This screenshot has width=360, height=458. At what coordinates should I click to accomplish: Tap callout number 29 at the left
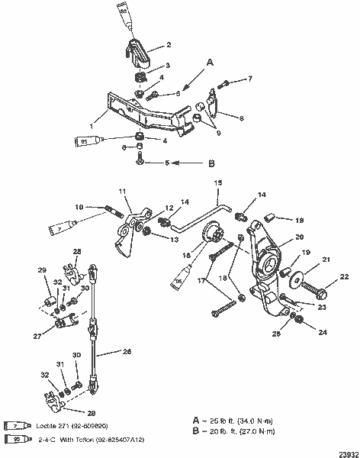(x=43, y=270)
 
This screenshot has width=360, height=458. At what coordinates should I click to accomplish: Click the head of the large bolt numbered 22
(x=322, y=293)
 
